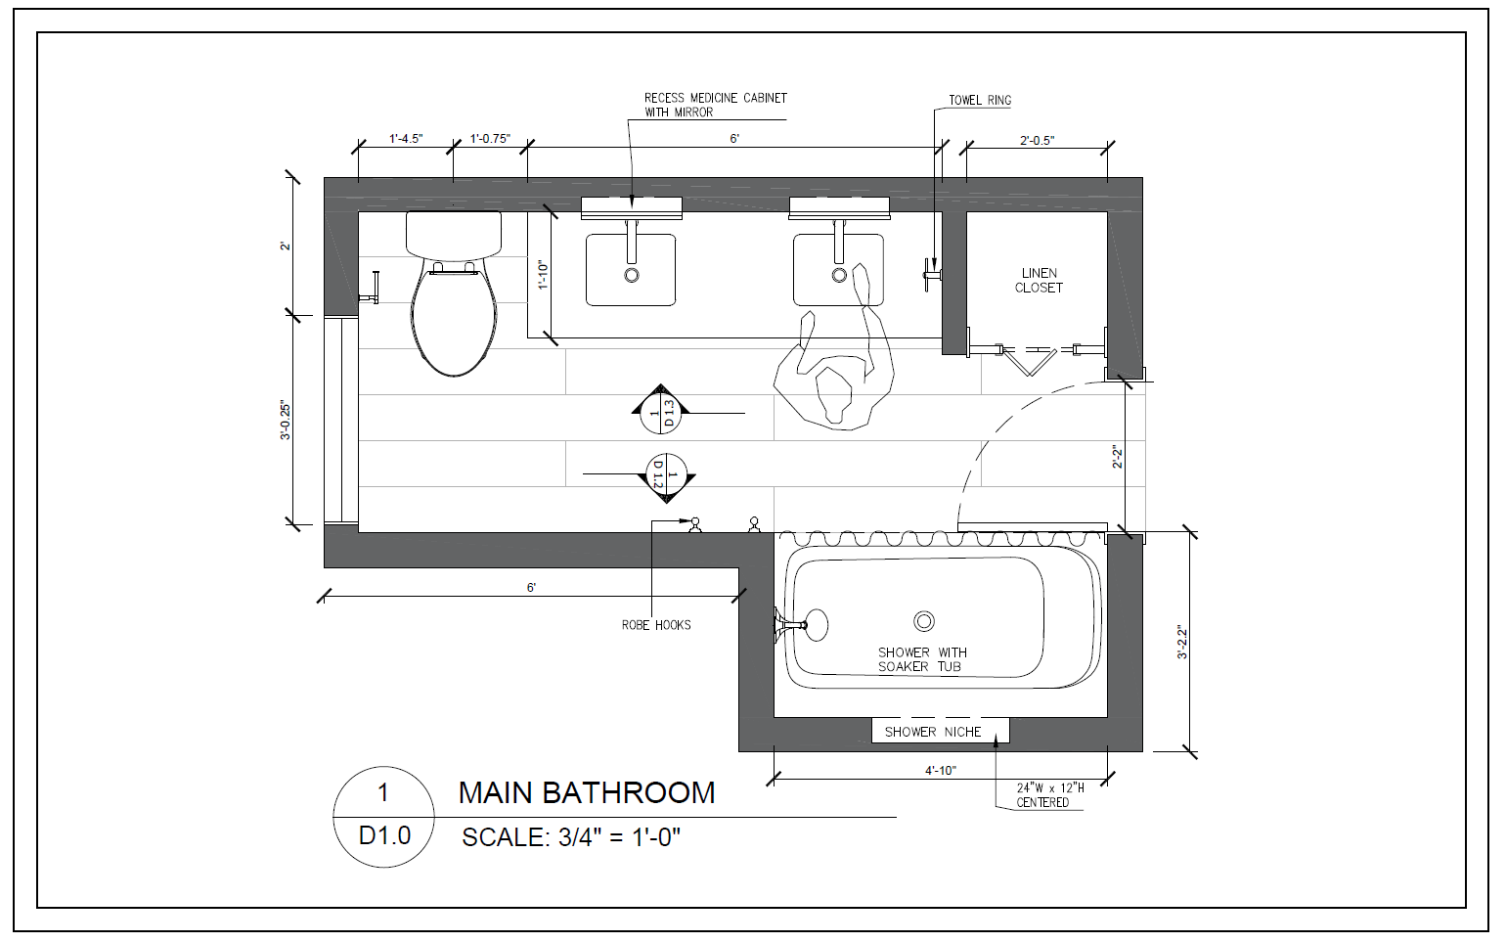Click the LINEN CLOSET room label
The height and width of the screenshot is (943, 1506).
pos(1039,281)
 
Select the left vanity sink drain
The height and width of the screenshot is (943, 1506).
pos(632,275)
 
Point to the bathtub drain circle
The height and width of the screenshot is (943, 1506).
pos(924,621)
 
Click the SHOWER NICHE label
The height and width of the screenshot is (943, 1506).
pos(933,732)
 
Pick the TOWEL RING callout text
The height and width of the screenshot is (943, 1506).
pos(980,100)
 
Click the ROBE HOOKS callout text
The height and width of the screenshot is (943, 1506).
pos(656,625)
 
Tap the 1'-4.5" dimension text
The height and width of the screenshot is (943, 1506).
pos(406,139)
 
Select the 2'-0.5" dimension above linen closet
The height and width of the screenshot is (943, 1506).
pos(1037,141)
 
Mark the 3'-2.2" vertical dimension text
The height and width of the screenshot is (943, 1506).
pos(1182,643)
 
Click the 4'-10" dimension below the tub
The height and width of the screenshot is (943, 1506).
pos(940,770)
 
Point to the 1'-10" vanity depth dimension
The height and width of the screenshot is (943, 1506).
pos(544,275)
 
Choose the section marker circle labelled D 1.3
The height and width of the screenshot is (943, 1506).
pos(660,413)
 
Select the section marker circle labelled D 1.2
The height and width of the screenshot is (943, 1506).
pos(666,474)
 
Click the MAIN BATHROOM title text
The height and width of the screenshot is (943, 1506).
pos(587,793)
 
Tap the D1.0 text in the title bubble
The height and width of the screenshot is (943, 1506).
pos(384,835)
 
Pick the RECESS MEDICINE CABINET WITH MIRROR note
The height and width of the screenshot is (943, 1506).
pos(716,105)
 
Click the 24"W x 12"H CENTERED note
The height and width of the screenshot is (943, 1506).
pos(1049,795)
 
